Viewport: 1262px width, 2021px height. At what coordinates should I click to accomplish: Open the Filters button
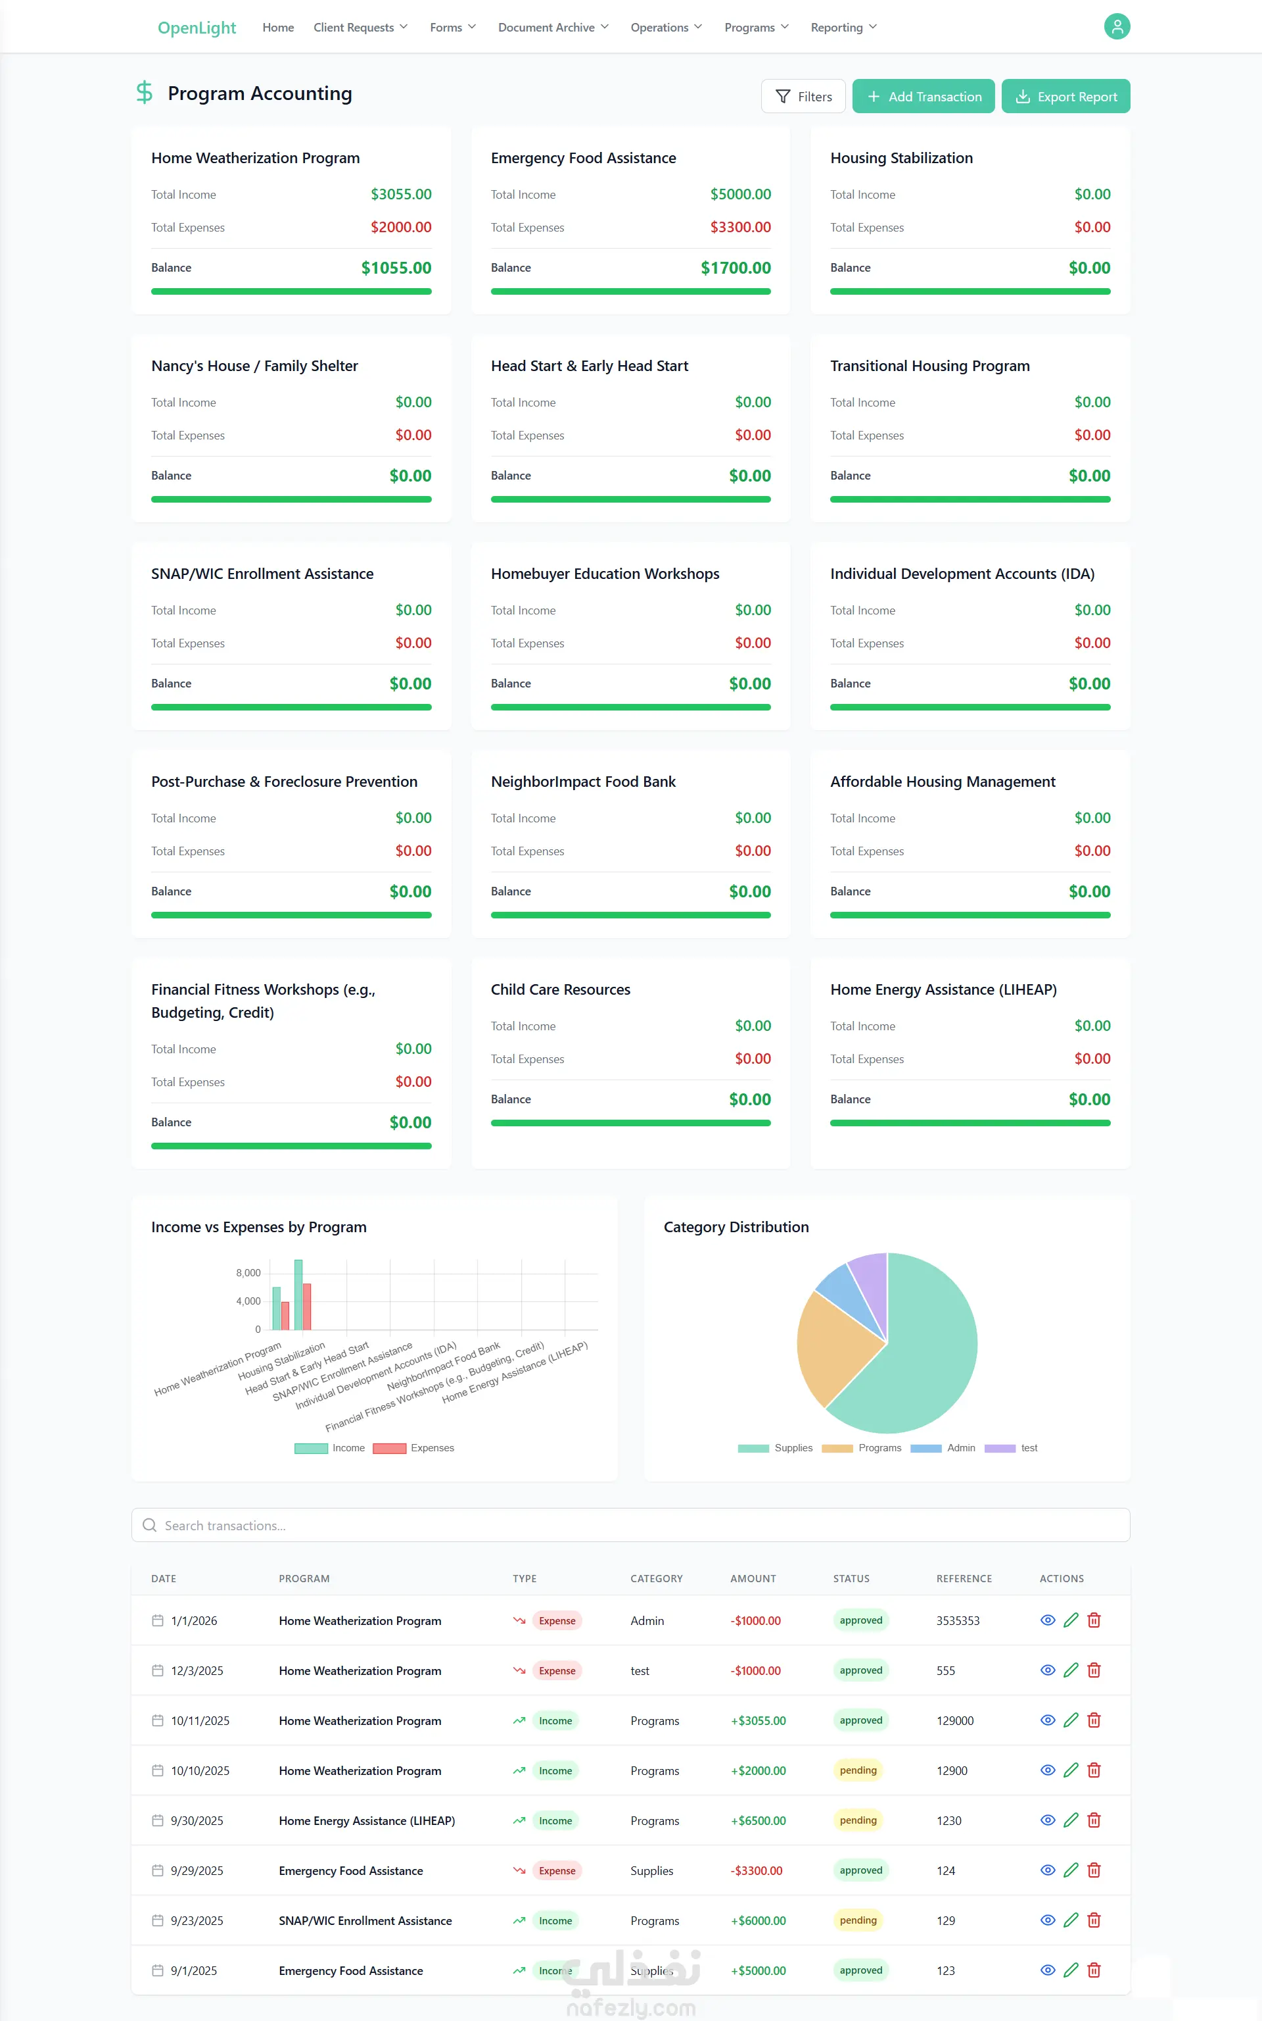point(803,96)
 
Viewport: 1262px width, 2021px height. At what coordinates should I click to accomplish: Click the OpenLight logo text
point(197,28)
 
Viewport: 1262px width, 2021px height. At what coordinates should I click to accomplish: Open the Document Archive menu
point(553,28)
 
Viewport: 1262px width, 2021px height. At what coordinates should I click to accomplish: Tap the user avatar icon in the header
point(1117,27)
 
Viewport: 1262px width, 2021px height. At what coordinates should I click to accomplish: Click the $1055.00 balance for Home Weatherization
point(396,268)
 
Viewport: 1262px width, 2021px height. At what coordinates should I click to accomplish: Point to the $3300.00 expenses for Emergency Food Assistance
point(740,227)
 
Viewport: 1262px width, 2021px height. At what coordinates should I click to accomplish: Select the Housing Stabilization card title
point(901,158)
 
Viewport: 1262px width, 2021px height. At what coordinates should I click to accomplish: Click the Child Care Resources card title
point(560,989)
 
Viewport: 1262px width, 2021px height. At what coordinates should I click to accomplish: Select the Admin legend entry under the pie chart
point(943,1448)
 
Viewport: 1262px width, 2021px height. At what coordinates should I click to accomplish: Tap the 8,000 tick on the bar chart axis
point(248,1273)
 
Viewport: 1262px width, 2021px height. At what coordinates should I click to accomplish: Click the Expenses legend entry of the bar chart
point(414,1448)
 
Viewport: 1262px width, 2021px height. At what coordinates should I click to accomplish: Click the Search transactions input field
point(631,1525)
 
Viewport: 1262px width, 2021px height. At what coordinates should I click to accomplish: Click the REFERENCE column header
point(964,1578)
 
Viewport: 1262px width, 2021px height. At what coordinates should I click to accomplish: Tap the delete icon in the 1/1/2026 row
point(1094,1620)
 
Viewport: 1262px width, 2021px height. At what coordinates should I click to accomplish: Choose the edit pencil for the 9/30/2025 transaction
point(1071,1820)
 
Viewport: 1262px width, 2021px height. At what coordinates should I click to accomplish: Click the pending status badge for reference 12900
point(858,1770)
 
